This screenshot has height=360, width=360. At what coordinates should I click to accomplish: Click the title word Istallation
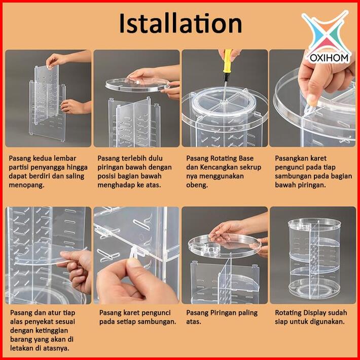[x=181, y=23]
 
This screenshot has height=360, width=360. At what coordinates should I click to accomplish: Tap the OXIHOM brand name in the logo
[x=329, y=58]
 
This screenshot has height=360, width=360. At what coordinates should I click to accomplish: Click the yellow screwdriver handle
[x=228, y=61]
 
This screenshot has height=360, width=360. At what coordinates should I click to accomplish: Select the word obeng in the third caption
[x=197, y=185]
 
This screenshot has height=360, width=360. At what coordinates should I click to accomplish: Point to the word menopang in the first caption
[x=26, y=185]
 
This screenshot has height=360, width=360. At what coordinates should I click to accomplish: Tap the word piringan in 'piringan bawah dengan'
[x=112, y=167]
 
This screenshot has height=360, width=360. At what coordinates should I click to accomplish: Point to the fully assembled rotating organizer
[x=314, y=258]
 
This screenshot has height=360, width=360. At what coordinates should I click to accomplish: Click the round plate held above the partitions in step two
[x=137, y=85]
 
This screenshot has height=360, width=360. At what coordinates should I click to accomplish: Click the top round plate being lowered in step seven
[x=224, y=246]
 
